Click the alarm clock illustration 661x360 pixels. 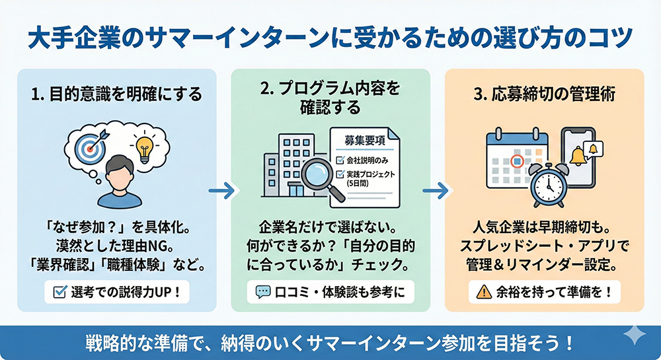tap(547, 184)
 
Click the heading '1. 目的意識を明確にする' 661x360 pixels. tap(116, 95)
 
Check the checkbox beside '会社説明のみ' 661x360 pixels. tap(340, 160)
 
